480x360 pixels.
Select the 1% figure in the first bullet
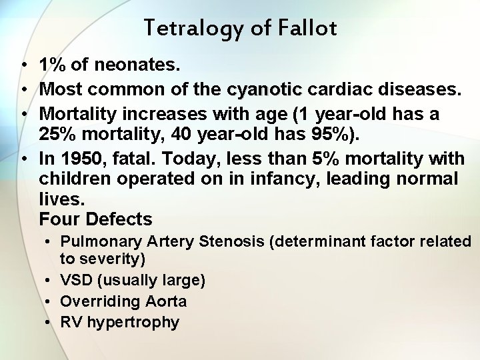pyautogui.click(x=52, y=65)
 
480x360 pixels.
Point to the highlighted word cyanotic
pyautogui.click(x=265, y=90)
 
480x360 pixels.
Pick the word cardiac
pyautogui.click(x=337, y=90)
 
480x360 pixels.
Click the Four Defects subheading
pyautogui.click(x=95, y=219)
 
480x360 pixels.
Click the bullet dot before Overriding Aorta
pyautogui.click(x=49, y=301)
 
